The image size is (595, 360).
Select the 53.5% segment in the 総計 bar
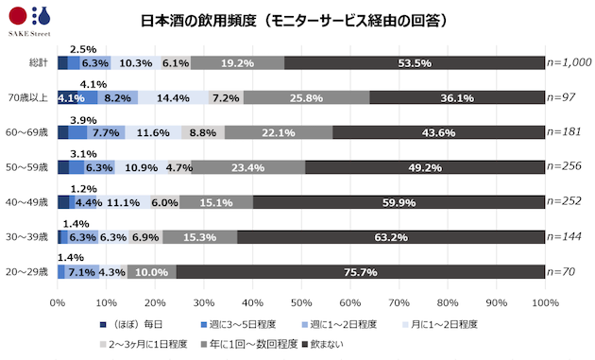(x=415, y=63)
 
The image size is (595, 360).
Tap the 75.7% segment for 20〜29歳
(x=360, y=272)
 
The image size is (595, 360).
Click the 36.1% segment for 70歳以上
(x=457, y=97)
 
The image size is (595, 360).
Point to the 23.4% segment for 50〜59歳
(x=248, y=167)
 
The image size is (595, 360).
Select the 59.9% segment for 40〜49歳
(x=399, y=202)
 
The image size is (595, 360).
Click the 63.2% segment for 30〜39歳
(x=391, y=237)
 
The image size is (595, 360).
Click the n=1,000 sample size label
(x=570, y=63)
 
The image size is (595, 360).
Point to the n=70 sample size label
(x=563, y=272)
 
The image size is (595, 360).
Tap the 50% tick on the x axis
(x=301, y=301)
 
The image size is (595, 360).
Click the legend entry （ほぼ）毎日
(x=134, y=324)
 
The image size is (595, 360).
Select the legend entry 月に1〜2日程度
(x=441, y=324)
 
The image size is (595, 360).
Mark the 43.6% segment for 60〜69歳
(x=438, y=132)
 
